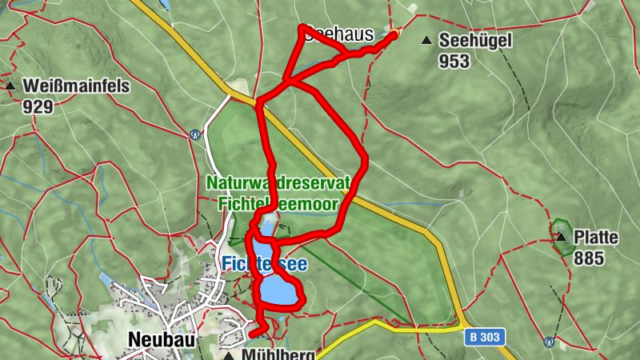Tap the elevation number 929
(x=38, y=105)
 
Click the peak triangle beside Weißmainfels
(x=10, y=85)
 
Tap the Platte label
(x=595, y=238)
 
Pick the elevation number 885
(x=588, y=258)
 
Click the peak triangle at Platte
(x=562, y=237)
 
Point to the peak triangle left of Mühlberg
(x=230, y=354)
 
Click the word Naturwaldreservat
(x=278, y=183)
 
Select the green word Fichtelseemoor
(x=278, y=204)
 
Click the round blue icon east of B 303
(x=550, y=342)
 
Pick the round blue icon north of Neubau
(x=195, y=134)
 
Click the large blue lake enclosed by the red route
(x=278, y=290)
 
